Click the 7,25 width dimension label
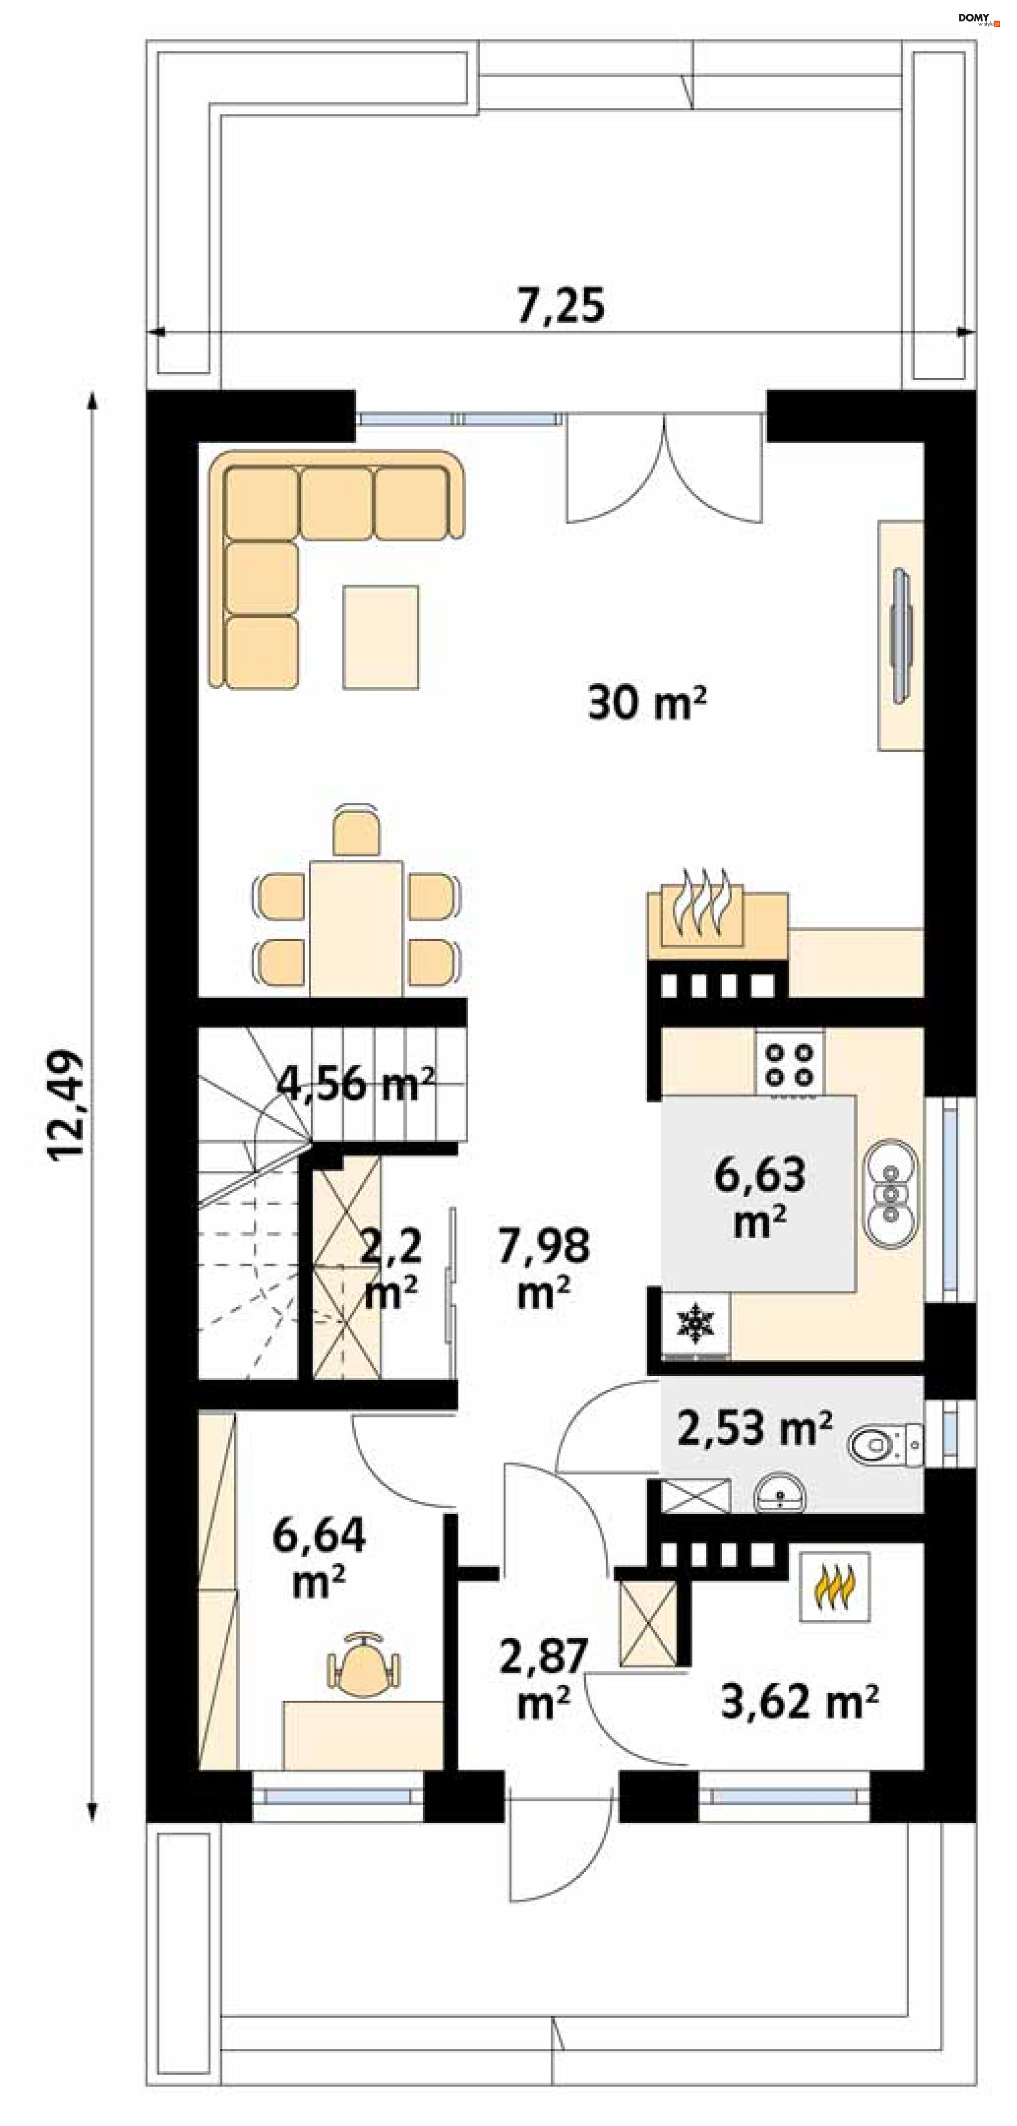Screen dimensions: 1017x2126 [x=560, y=305]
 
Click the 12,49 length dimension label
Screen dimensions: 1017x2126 [x=66, y=1105]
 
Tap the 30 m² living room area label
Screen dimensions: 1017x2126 [x=647, y=703]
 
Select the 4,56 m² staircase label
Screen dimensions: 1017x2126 [x=355, y=1083]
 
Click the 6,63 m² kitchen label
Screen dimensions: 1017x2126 [x=760, y=1197]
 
